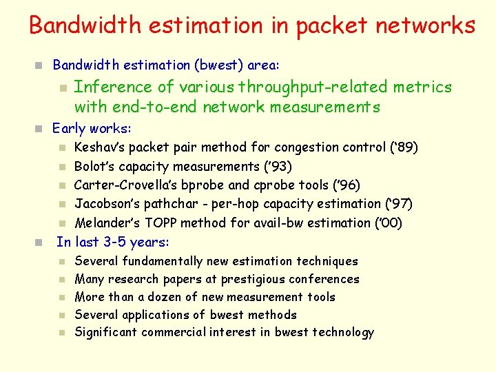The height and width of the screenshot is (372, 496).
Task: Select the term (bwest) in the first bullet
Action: pos(218,65)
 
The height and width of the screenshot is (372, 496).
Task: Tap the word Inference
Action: pos(113,87)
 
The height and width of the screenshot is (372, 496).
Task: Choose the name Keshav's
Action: pos(99,147)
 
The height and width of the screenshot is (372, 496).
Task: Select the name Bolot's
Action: pos(92,167)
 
